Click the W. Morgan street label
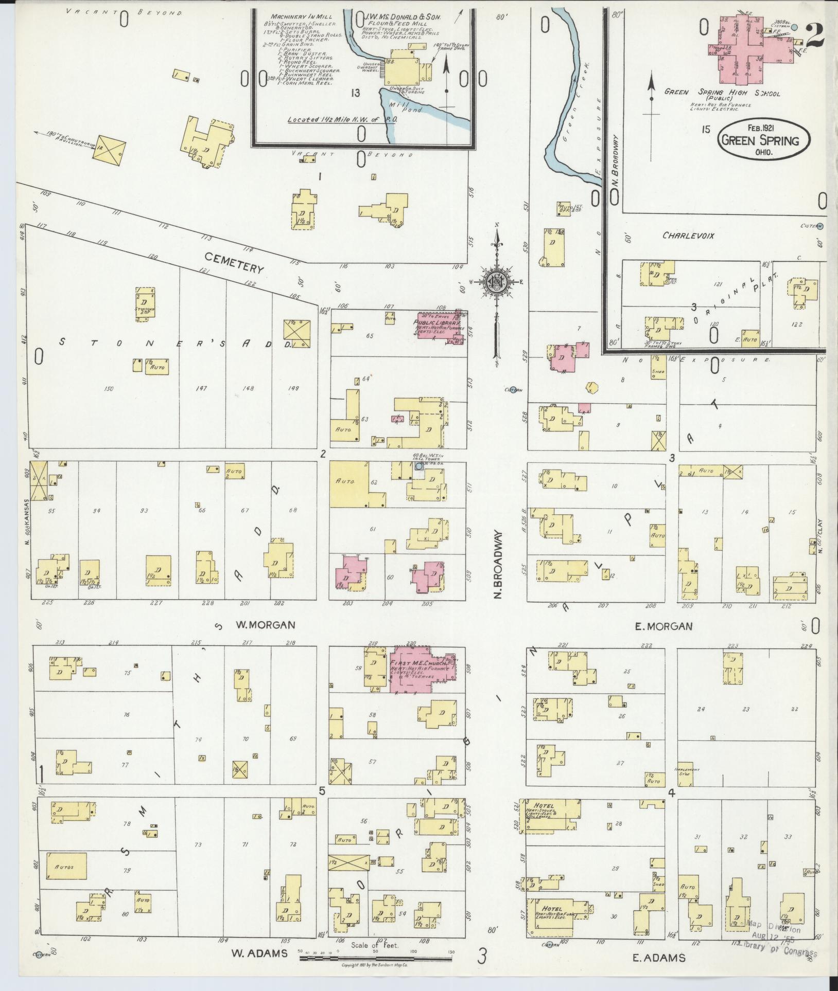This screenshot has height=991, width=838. coord(265,625)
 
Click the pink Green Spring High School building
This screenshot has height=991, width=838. coord(752,46)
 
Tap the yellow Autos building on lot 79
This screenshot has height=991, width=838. coord(66,866)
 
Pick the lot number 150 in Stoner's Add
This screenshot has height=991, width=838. coord(108,388)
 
